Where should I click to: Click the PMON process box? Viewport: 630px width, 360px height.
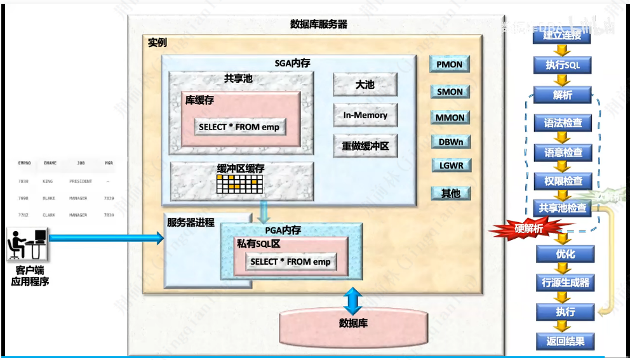point(450,64)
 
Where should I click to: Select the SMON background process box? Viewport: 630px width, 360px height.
point(450,91)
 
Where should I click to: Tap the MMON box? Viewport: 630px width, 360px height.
point(450,117)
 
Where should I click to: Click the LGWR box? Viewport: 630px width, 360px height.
point(450,166)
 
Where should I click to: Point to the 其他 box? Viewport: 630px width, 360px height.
point(450,193)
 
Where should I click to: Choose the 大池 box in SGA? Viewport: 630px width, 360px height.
point(365,84)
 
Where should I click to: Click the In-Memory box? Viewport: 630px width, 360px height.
point(365,116)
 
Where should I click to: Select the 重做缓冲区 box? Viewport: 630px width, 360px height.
point(365,146)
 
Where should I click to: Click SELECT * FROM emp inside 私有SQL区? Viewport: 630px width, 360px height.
point(291,262)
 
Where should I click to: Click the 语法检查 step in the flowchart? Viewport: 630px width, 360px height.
point(563,123)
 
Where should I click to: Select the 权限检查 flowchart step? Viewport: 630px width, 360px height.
point(563,181)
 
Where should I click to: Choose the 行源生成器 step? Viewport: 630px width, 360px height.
point(565,283)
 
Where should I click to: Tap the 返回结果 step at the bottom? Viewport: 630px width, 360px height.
point(565,341)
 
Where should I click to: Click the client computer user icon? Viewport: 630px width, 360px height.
point(29,244)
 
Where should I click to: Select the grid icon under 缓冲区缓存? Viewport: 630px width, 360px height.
point(240,184)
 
